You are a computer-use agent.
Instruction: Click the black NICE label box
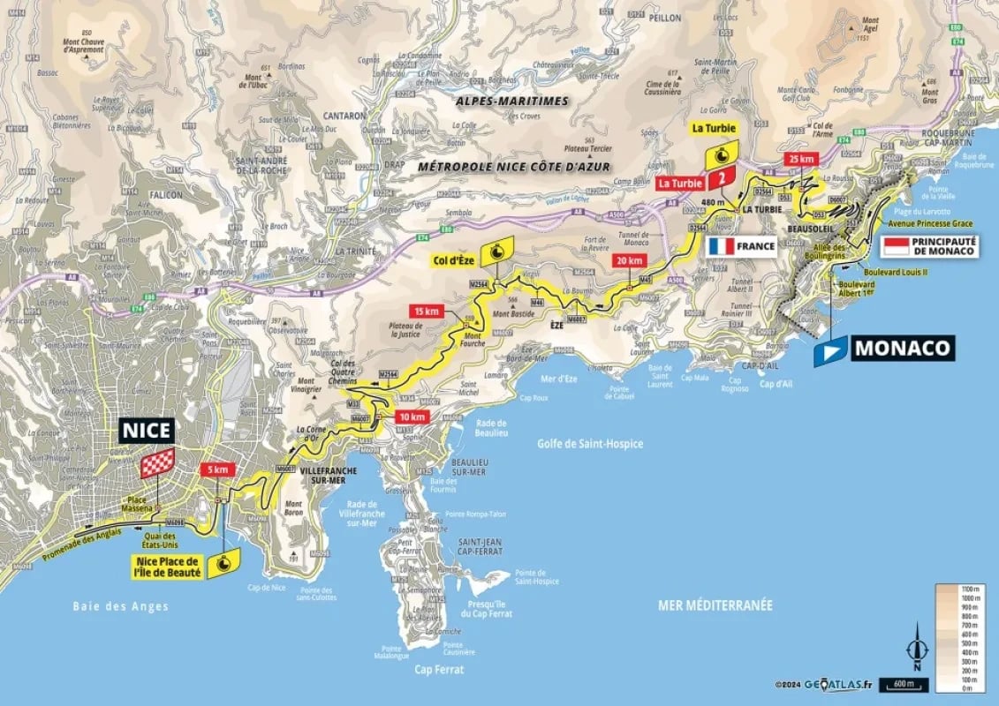(x=147, y=431)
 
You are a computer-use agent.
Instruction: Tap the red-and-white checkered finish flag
(x=157, y=462)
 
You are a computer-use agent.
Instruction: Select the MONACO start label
(x=903, y=348)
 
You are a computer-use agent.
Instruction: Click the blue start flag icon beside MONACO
(x=829, y=349)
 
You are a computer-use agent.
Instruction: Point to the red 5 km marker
(x=217, y=470)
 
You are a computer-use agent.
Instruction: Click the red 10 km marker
(x=412, y=417)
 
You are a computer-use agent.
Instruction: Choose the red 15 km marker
(x=425, y=311)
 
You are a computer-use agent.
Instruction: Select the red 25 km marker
(x=801, y=158)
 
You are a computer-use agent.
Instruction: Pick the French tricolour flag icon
(x=721, y=246)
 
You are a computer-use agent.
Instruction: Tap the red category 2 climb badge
(x=723, y=178)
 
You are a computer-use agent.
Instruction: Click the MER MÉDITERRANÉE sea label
(x=715, y=605)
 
